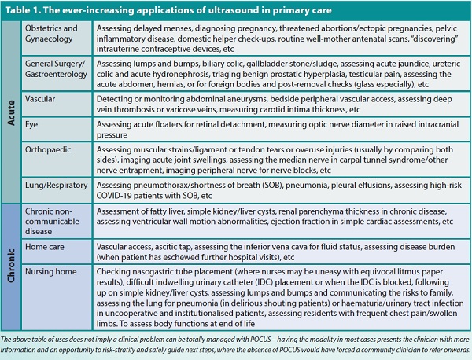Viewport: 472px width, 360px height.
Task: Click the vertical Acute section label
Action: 11,112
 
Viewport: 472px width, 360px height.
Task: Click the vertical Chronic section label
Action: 11,266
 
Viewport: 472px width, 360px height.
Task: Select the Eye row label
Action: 31,125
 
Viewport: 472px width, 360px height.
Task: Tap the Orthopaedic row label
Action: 48,150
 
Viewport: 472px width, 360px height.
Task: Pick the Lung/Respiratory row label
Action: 57,186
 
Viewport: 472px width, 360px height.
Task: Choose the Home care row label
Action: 45,247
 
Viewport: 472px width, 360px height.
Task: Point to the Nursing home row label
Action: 51,272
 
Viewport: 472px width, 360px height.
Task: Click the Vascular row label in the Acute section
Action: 40,99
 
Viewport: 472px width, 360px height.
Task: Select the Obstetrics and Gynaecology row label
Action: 51,33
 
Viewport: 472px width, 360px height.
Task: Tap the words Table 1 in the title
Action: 23,10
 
